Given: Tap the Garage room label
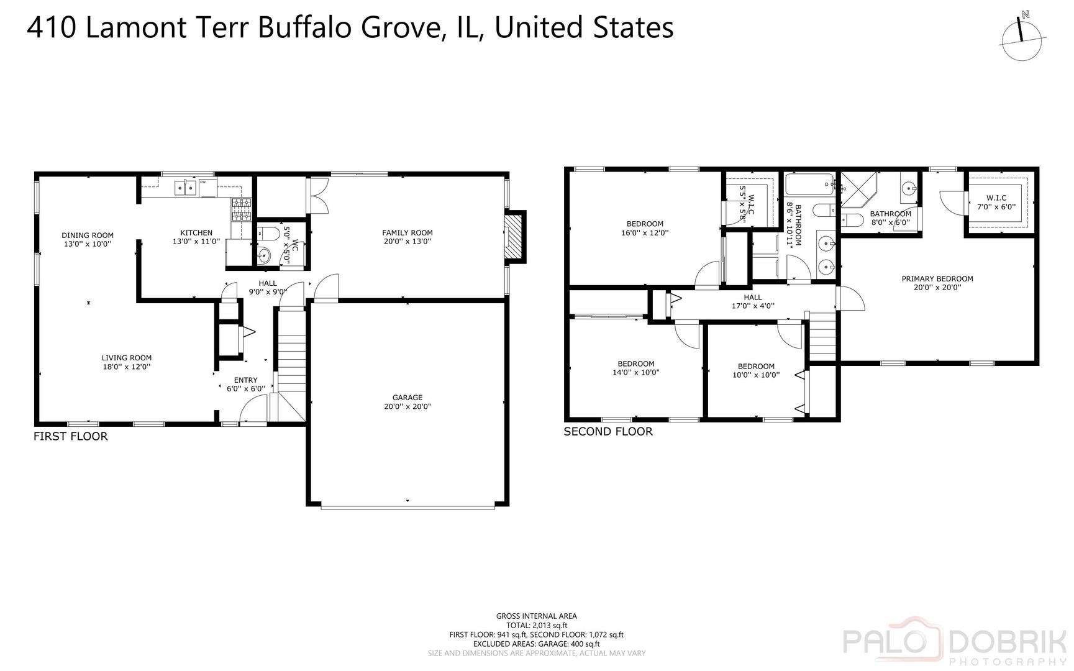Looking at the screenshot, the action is click(407, 398).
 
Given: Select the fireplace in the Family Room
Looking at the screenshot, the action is click(514, 237).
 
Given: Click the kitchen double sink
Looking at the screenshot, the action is click(186, 187).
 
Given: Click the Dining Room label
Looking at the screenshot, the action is click(88, 235).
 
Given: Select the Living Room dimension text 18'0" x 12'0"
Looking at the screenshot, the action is click(127, 367).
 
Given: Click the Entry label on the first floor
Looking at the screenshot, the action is click(245, 380).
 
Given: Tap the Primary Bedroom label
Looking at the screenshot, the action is click(937, 279).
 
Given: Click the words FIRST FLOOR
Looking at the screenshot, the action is click(71, 437).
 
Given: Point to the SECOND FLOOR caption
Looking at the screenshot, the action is click(608, 432).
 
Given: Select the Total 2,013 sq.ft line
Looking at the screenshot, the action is click(537, 626).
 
